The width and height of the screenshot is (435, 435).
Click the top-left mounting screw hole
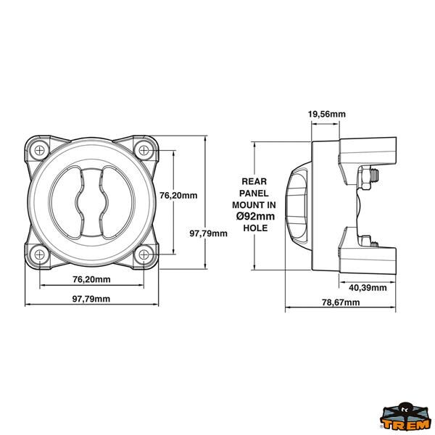(40, 151)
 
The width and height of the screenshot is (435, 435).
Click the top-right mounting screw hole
(144, 151)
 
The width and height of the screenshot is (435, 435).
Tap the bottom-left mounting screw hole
(40, 254)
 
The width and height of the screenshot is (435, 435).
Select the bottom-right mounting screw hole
(144, 254)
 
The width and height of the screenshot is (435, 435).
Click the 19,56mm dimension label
(327, 114)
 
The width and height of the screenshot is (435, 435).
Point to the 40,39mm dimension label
(368, 288)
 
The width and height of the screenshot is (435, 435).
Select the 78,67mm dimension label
(341, 302)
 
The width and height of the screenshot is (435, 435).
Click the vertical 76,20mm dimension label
(178, 195)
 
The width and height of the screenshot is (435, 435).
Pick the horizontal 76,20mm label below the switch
(91, 279)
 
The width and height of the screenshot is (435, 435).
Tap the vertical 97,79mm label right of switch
(208, 233)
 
